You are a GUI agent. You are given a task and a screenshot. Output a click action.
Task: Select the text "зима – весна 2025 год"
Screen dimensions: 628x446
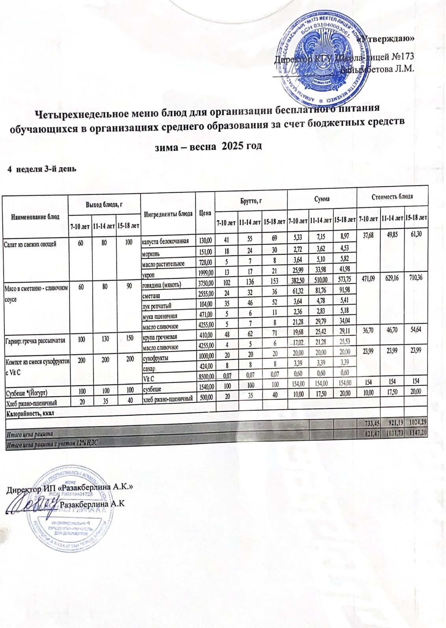207,146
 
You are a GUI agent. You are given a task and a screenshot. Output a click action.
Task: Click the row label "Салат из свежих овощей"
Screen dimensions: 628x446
30,244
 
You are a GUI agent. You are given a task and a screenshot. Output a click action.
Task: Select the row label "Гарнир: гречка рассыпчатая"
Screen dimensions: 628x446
35,340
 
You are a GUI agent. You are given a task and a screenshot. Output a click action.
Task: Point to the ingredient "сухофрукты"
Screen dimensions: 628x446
156,359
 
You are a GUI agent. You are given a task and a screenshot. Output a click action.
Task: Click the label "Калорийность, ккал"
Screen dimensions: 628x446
30,413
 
